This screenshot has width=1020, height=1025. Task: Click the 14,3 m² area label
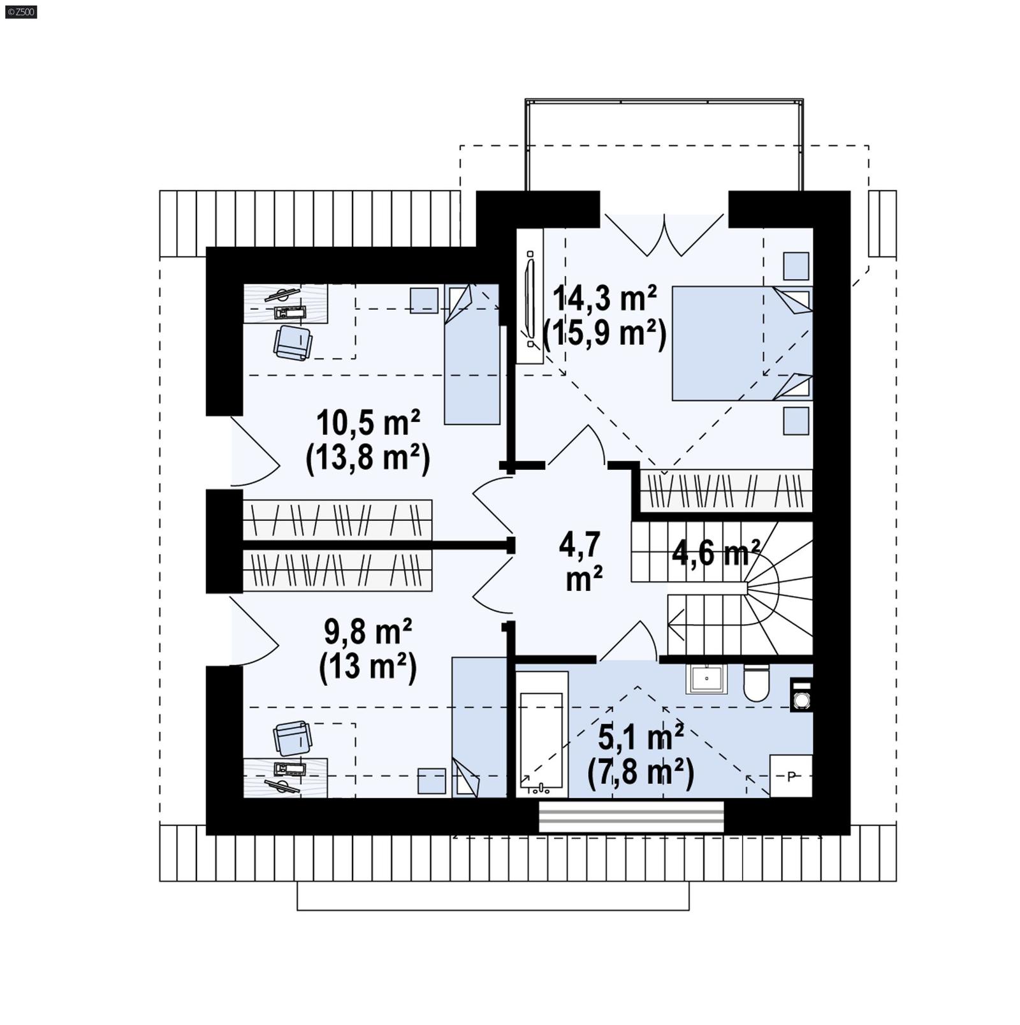point(604,298)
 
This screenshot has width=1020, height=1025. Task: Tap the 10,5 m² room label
point(368,421)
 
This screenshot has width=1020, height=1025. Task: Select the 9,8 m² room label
point(368,632)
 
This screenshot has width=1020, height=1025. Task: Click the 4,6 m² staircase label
point(715,553)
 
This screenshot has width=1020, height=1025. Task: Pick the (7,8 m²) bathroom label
point(640,773)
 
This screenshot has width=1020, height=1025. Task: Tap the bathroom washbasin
point(706,679)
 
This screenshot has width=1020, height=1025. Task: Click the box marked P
point(791,776)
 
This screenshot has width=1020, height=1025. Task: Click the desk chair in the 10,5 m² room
point(293,342)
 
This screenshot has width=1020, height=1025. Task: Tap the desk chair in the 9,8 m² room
point(293,738)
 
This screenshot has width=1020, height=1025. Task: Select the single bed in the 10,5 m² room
point(472,354)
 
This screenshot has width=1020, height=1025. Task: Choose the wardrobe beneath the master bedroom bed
point(725,491)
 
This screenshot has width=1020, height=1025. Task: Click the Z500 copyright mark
point(20,11)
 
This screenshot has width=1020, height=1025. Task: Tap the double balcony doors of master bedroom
point(664,234)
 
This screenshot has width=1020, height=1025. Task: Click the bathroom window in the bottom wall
point(631,817)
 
